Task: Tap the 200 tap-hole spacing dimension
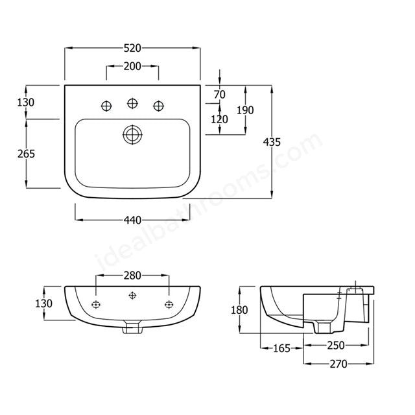click(x=132, y=67)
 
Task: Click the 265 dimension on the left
click(x=27, y=154)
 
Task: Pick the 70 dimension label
click(x=220, y=95)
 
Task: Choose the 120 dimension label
click(x=220, y=119)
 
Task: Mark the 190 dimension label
click(x=245, y=110)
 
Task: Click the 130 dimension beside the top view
click(x=27, y=102)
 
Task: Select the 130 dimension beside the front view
click(x=43, y=303)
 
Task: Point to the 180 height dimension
click(x=239, y=310)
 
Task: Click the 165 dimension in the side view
click(x=281, y=350)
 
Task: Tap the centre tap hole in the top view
click(x=133, y=103)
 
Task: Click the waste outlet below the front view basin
click(x=133, y=327)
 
